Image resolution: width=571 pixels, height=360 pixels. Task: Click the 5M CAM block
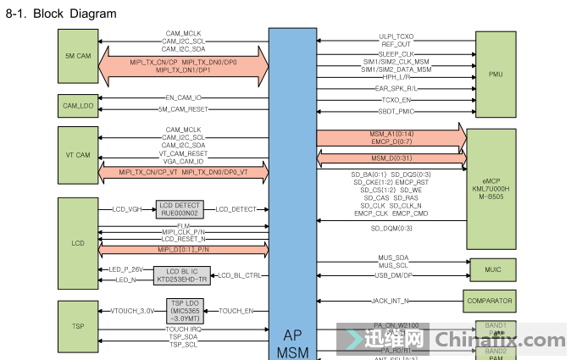(78, 55)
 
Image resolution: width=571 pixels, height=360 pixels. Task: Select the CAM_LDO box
(78, 105)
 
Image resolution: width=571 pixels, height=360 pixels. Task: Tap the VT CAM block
(78, 155)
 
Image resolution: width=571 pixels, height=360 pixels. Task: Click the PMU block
(496, 75)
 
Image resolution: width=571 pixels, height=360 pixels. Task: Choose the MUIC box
(492, 270)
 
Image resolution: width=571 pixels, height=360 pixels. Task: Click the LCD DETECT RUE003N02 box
(179, 209)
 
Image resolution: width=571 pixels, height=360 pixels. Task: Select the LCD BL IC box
(181, 274)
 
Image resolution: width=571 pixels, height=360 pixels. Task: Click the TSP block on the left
(78, 326)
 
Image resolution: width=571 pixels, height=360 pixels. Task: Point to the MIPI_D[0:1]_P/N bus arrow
(183, 250)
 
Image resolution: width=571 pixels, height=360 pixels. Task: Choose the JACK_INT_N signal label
(391, 300)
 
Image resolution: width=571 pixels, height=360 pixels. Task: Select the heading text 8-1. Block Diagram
(61, 14)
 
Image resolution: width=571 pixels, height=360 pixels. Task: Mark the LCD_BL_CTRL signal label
(241, 275)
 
